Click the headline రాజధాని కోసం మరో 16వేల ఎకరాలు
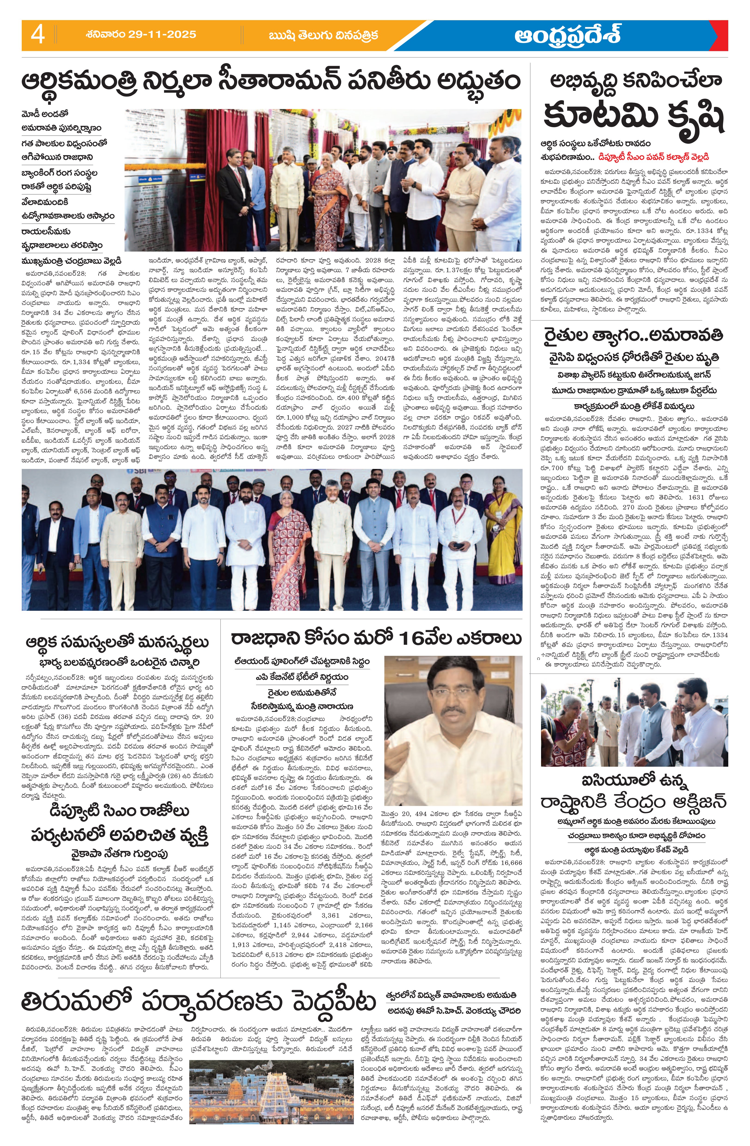pos(376,638)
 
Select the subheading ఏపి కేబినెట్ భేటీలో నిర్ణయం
pos(302,677)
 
